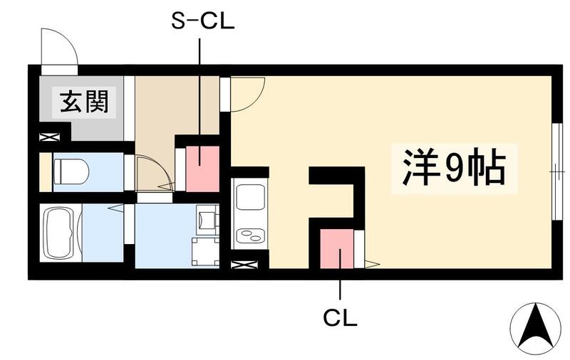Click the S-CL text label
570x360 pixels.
202,21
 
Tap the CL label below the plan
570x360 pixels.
340,317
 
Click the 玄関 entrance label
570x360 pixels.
83,102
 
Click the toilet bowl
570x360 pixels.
71,171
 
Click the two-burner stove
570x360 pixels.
249,234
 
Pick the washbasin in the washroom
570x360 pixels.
207,219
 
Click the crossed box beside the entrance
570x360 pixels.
49,137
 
